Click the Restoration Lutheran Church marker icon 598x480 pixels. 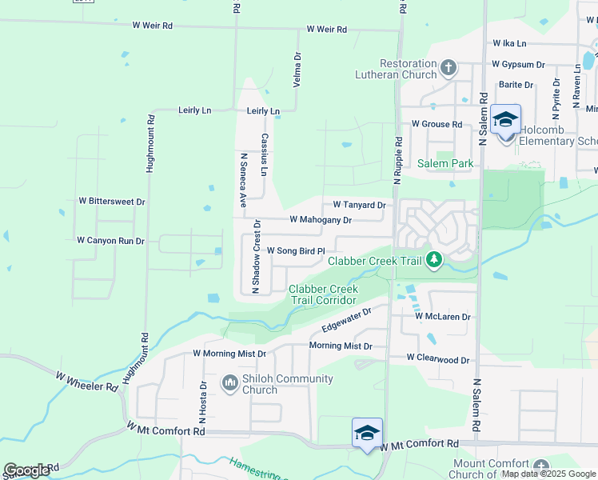[x=448, y=66]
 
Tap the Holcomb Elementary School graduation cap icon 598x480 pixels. [x=505, y=120]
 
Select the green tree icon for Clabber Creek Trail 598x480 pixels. [x=434, y=260]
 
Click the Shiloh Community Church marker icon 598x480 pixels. [x=230, y=383]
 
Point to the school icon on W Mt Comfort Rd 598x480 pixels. [x=367, y=433]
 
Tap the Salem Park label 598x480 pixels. [x=445, y=163]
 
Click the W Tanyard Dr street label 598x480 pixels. [x=359, y=205]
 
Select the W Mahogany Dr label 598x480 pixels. [x=320, y=219]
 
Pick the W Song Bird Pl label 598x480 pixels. [x=295, y=250]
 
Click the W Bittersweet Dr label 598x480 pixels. [x=112, y=202]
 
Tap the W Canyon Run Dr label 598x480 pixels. [x=110, y=240]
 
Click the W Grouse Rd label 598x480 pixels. [x=437, y=124]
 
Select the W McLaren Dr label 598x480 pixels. [x=442, y=317]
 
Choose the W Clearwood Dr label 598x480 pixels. [x=437, y=359]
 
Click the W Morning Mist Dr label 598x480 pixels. [x=229, y=353]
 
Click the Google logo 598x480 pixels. [x=26, y=470]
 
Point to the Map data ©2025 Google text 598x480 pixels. [x=548, y=474]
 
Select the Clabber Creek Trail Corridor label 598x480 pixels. [x=323, y=294]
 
